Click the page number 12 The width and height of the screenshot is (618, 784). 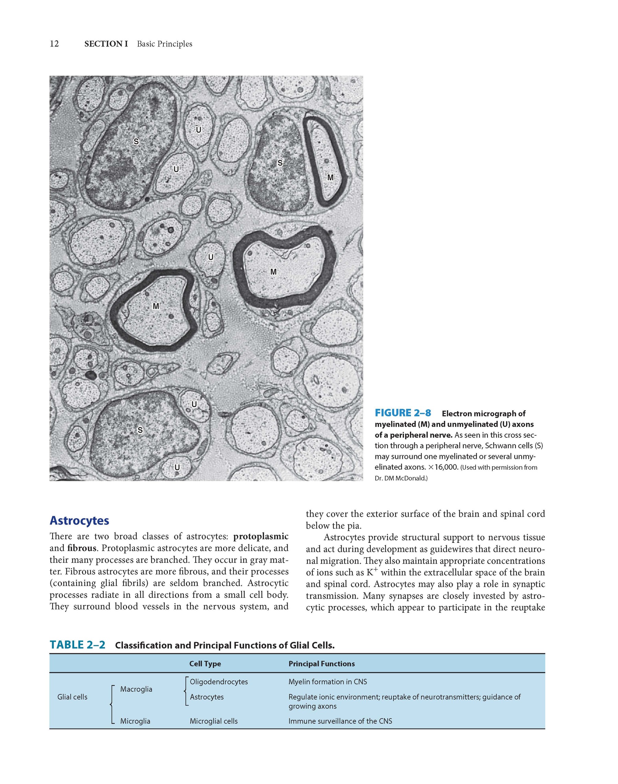point(54,44)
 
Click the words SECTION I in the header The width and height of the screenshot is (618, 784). point(106,44)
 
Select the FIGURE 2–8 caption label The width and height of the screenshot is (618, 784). point(403,413)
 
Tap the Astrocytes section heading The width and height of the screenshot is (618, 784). point(79,521)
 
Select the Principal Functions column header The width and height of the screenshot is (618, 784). point(321,664)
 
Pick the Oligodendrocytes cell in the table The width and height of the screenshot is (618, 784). point(219,682)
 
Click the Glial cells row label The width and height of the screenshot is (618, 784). point(72,697)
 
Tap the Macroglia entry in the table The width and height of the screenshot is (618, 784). point(136,689)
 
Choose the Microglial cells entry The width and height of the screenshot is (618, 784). point(214,721)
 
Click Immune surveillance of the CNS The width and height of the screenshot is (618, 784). point(340,721)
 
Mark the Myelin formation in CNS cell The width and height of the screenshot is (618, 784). point(328,682)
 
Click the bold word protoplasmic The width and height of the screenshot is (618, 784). point(261,536)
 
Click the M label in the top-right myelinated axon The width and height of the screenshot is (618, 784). point(330,178)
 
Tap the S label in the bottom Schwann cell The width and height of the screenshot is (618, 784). point(140,430)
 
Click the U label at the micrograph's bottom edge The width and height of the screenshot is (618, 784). point(177,468)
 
